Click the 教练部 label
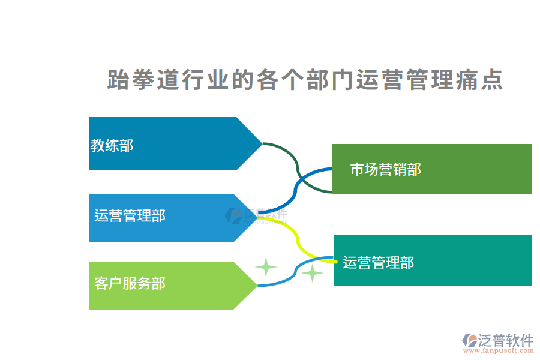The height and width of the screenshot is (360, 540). [112, 145]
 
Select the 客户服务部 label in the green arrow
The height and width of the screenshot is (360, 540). [130, 283]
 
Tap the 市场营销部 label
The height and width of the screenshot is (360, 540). [385, 170]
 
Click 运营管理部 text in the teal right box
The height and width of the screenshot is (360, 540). [378, 262]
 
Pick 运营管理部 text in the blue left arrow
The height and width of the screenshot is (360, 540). [130, 216]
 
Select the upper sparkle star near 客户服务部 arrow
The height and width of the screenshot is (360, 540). [265, 267]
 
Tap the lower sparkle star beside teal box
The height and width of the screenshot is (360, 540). [312, 274]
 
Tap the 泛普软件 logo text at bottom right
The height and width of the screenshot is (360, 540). [506, 341]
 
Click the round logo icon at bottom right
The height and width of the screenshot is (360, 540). [469, 341]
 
